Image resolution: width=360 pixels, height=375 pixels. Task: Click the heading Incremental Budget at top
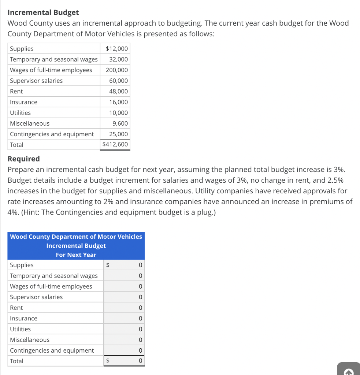[x=43, y=12]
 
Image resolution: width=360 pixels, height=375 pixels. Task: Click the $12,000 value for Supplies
[x=116, y=49]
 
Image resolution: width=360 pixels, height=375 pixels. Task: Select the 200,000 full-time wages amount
[x=117, y=70]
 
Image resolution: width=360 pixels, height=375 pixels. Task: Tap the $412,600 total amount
[x=115, y=144]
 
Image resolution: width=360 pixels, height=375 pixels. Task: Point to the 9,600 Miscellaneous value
[x=120, y=123]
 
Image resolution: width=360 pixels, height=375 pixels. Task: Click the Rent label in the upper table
[x=16, y=91]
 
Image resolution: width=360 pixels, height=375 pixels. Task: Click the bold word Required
[x=24, y=159]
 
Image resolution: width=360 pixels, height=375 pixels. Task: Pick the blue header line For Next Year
[x=76, y=255]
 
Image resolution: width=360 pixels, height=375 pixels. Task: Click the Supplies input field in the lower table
[x=124, y=265]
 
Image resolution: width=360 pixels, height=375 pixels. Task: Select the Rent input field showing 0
[x=124, y=308]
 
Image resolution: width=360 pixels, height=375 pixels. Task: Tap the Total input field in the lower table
[x=124, y=361]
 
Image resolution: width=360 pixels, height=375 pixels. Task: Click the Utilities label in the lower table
[x=21, y=329]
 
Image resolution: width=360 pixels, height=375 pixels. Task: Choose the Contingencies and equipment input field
[x=124, y=350]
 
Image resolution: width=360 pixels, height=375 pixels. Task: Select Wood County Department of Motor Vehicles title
[x=76, y=237]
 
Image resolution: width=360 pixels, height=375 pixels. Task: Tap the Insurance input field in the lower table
[x=124, y=318]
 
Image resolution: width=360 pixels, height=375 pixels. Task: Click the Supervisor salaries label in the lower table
[x=36, y=297]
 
